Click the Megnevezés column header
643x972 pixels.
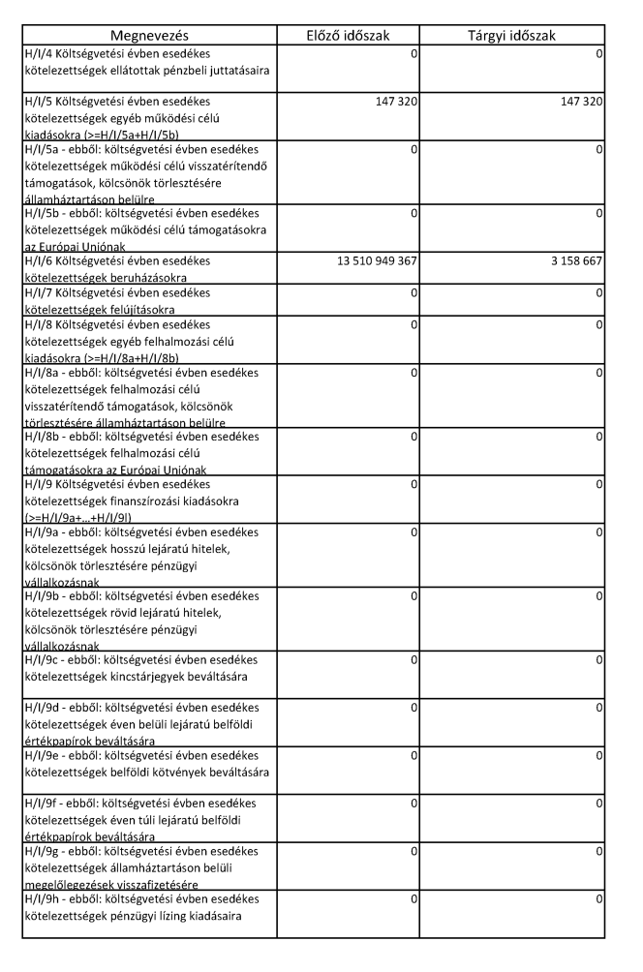click(148, 36)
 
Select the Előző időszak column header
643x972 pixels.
click(346, 36)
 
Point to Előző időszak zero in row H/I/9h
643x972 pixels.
click(414, 900)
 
